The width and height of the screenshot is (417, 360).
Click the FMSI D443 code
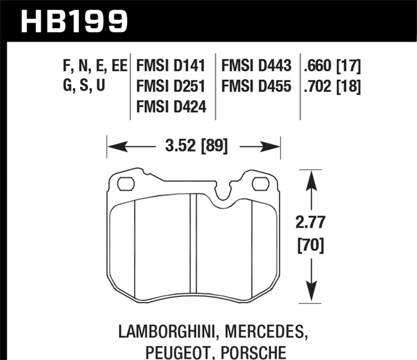[256, 66]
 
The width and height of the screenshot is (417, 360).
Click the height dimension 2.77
[311, 223]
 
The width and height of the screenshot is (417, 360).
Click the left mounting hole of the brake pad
[126, 183]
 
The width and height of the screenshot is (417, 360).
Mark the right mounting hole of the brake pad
[260, 183]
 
